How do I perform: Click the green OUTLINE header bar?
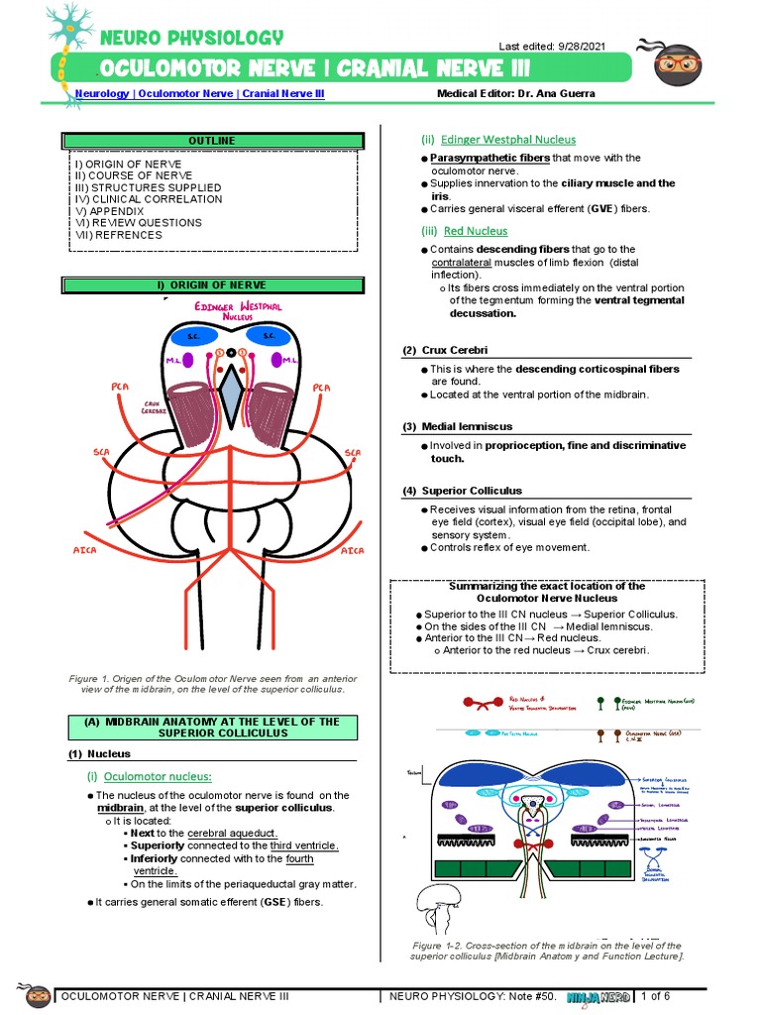pos(212,141)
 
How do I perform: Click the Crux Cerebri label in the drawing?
pos(152,407)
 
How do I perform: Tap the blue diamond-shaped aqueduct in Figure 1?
pos(231,389)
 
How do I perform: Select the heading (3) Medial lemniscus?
pos(457,426)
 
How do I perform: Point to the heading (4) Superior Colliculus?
pos(462,491)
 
